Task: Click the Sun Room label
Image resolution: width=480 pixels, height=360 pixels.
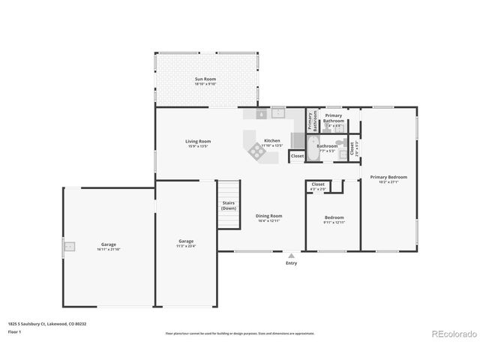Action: (x=205, y=79)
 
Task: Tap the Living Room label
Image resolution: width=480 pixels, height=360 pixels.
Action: (x=199, y=141)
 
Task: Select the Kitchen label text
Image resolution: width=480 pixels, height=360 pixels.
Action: (x=271, y=141)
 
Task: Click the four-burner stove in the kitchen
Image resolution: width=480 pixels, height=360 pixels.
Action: (x=256, y=152)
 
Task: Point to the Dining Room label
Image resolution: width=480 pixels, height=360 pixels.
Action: (x=268, y=216)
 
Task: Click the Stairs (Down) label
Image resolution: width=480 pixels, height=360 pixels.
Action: (x=229, y=205)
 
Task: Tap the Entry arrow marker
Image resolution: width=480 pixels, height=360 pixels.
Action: (x=291, y=255)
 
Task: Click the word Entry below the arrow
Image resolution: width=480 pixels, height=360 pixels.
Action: (x=291, y=263)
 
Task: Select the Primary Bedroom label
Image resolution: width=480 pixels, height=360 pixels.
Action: (x=388, y=177)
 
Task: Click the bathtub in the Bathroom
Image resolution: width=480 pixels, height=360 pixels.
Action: (x=311, y=144)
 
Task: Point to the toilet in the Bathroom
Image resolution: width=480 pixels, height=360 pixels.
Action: (x=340, y=142)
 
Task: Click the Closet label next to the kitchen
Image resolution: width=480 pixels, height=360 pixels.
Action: (x=297, y=156)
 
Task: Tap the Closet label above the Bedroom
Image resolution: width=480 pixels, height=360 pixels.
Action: (x=318, y=184)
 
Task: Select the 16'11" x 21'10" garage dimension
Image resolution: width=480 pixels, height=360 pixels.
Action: (x=109, y=249)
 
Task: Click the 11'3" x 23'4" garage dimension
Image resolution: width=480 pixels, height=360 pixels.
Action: (x=186, y=246)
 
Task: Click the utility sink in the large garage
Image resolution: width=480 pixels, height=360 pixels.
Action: (x=69, y=245)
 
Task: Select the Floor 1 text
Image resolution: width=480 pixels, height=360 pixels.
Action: (x=14, y=331)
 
